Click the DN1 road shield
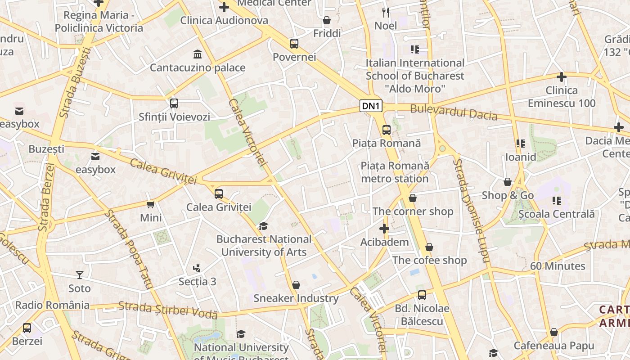click(x=372, y=106)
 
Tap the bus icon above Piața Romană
click(x=386, y=130)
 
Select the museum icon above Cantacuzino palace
click(x=197, y=54)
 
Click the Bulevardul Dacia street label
click(x=454, y=112)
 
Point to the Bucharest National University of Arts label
click(x=264, y=246)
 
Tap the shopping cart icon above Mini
click(x=151, y=205)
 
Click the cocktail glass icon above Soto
click(x=80, y=274)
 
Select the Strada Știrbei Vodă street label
click(x=168, y=310)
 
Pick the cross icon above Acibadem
click(x=384, y=229)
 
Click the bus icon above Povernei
click(x=294, y=44)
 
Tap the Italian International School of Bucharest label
click(x=414, y=76)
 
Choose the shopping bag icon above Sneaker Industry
click(x=296, y=285)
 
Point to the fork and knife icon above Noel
click(x=386, y=12)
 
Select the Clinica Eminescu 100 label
click(x=562, y=97)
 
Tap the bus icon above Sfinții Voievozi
click(x=174, y=103)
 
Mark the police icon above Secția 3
click(x=197, y=268)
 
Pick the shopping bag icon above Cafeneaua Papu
click(x=554, y=332)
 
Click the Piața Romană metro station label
click(x=395, y=172)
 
